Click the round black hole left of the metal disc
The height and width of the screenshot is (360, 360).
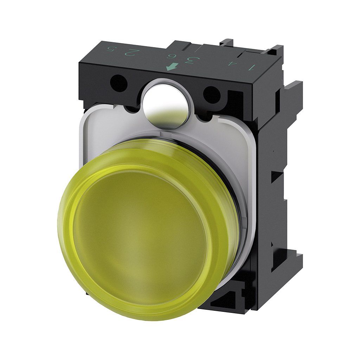[118, 83]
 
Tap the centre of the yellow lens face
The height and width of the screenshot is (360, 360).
[141, 239]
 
